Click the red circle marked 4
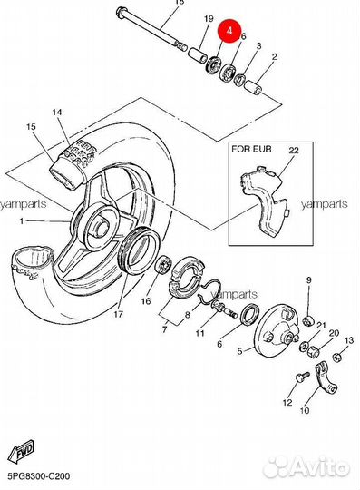(229, 31)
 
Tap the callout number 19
(209, 19)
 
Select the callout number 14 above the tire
(57, 112)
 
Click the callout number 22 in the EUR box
(294, 151)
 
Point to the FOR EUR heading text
(251, 149)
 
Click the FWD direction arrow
(21, 452)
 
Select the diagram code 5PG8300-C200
(39, 476)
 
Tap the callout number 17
(118, 314)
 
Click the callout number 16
(146, 301)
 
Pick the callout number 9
(309, 280)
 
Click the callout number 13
(349, 340)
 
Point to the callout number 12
(287, 402)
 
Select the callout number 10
(305, 410)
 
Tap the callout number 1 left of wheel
(22, 221)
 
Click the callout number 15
(31, 126)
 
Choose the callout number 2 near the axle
(275, 57)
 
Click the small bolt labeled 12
(302, 377)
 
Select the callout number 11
(199, 333)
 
